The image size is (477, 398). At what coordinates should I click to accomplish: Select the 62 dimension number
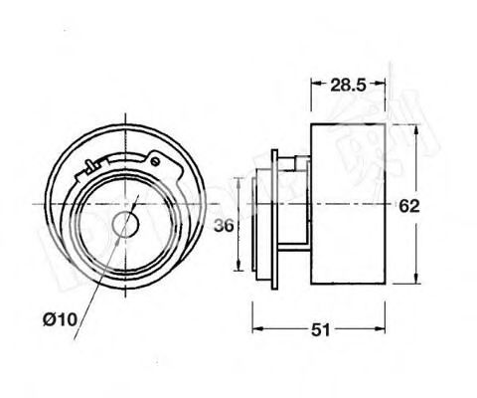click(x=409, y=207)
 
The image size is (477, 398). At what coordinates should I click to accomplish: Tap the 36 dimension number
click(x=224, y=226)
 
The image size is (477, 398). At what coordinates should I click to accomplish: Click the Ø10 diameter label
click(x=59, y=318)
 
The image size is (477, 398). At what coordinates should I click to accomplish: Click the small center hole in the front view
click(x=124, y=224)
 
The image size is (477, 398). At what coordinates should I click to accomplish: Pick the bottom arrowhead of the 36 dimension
click(x=239, y=269)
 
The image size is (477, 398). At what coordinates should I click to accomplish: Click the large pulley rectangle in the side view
click(x=348, y=204)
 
